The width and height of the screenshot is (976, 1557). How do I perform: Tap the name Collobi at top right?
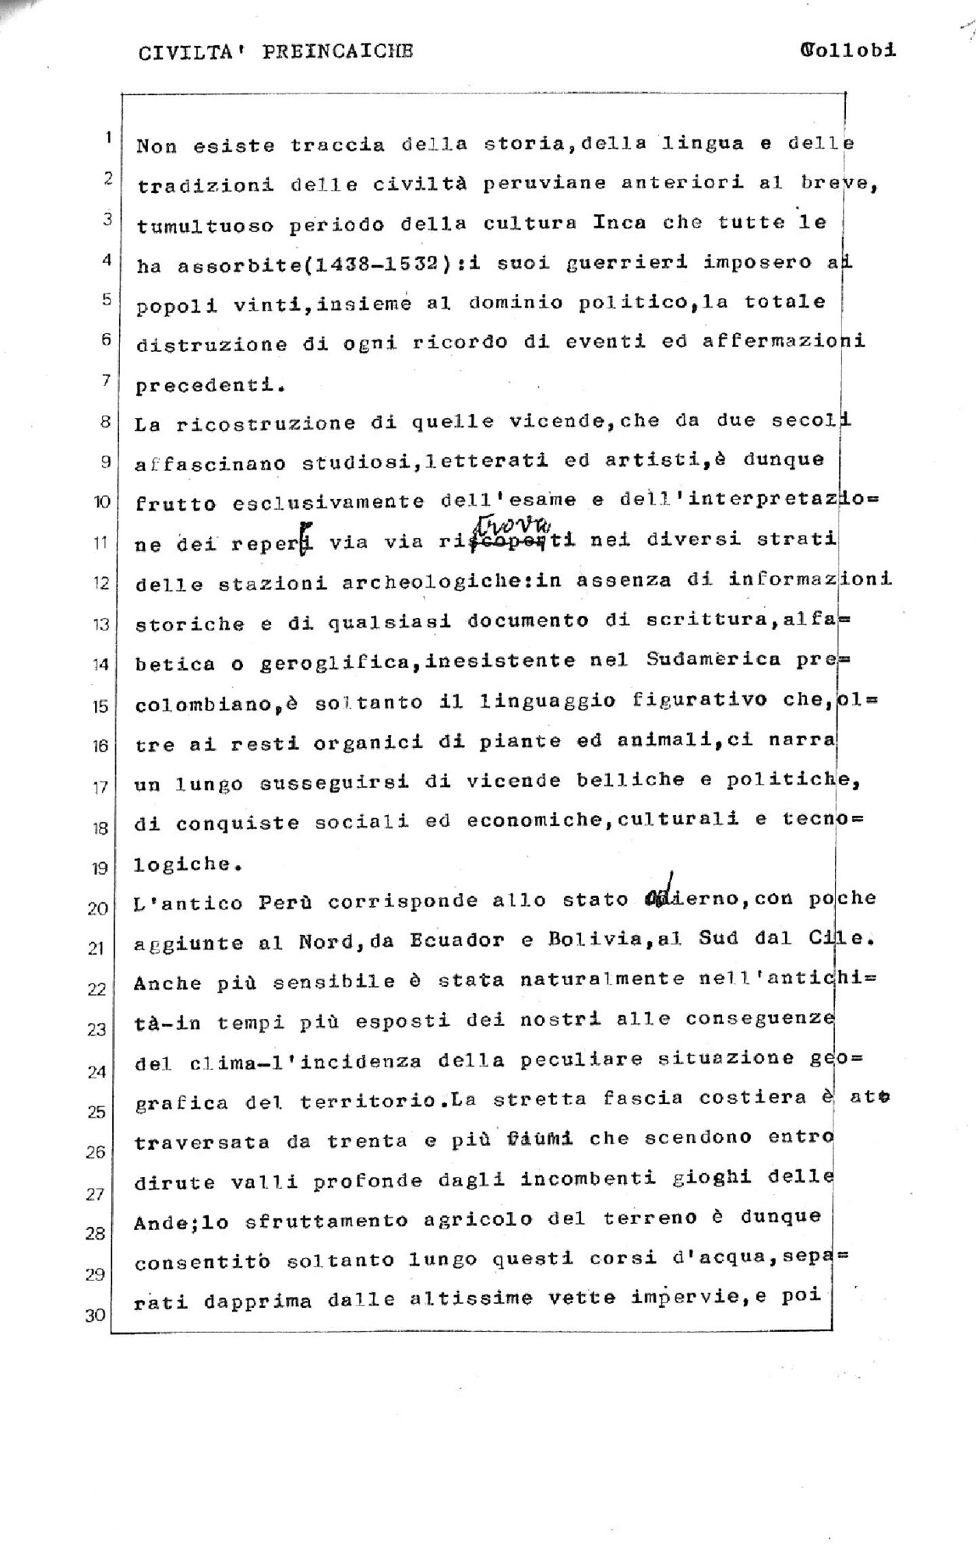[x=847, y=51]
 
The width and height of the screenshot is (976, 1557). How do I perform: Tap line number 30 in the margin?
[x=95, y=1316]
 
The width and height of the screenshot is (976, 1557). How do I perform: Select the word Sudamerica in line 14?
[x=713, y=659]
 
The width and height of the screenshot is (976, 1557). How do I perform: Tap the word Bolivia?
[x=585, y=940]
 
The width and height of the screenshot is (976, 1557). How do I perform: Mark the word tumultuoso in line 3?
[x=205, y=226]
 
